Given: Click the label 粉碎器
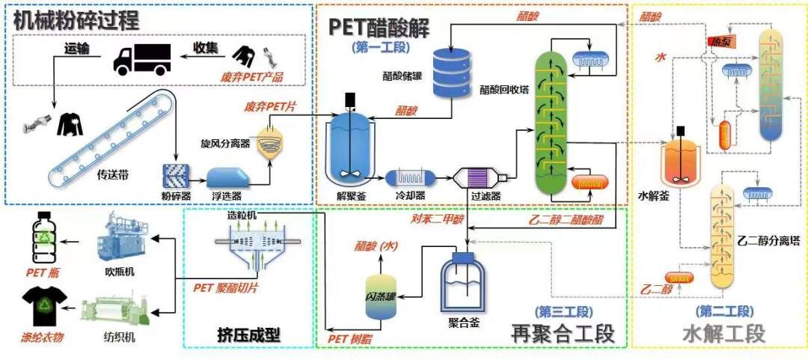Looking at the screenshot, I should click(x=177, y=195).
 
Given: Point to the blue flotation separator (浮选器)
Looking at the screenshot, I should click(x=230, y=177).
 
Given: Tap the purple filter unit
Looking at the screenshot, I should click(x=477, y=179).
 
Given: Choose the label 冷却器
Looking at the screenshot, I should click(x=409, y=196).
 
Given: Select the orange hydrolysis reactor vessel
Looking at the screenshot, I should click(x=680, y=161).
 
